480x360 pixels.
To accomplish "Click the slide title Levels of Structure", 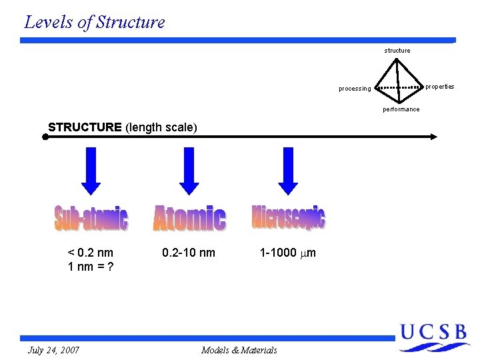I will click(94, 22).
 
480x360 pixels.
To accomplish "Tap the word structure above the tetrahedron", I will click(397, 51).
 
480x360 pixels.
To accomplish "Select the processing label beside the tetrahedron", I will click(355, 89).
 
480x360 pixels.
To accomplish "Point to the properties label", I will click(440, 87).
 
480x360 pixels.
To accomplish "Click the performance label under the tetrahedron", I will click(401, 109).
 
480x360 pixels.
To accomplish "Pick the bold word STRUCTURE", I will click(85, 127).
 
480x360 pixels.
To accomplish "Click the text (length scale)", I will click(161, 127).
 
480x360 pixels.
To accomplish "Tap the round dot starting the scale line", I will click(44, 137).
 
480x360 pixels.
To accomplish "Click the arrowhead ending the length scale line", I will click(433, 137).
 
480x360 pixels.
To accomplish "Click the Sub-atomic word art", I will click(91, 218).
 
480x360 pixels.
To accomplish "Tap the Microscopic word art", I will click(289, 217).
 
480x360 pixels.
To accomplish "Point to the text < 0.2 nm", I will click(90, 253).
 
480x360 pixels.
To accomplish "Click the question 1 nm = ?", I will click(90, 267).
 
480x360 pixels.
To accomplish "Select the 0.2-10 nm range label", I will click(189, 253).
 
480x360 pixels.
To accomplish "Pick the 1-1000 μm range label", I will click(288, 253).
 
